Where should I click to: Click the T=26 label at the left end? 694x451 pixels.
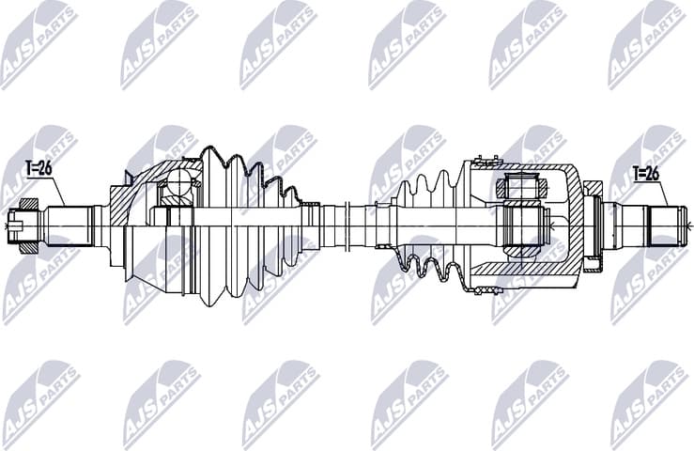(40, 169)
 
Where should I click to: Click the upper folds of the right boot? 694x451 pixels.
(427, 188)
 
